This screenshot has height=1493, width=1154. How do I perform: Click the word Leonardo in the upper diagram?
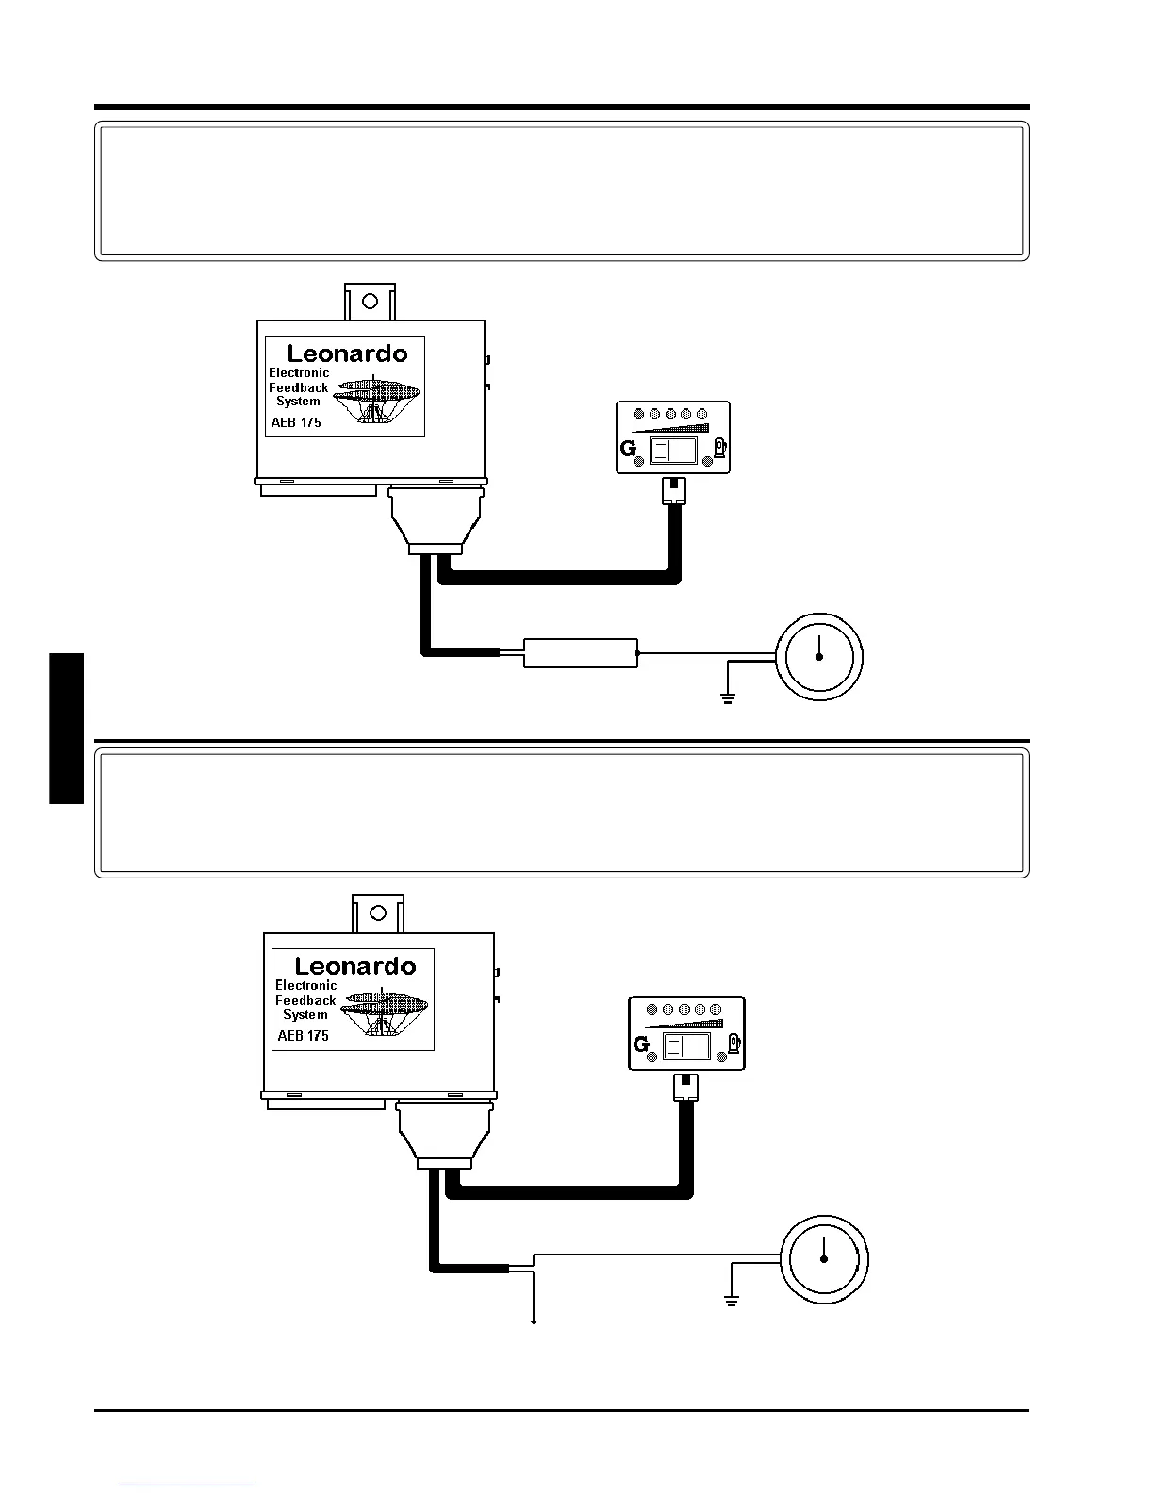347,353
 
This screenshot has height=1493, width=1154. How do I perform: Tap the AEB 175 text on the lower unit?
304,1035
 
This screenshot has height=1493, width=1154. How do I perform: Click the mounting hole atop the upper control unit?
371,301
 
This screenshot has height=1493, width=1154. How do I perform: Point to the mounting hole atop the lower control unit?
378,912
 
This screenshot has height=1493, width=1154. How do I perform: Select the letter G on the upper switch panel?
629,449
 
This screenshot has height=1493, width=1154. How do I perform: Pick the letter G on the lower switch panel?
642,1044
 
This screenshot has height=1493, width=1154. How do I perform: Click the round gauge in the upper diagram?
819,656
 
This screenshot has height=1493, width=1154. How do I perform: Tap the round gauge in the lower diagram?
824,1260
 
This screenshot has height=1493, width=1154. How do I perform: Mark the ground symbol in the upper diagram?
728,699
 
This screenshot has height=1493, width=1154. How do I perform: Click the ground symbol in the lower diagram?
731,1301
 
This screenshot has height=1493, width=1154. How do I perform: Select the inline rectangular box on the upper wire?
580,652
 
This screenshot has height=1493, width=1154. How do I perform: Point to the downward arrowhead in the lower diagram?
535,1321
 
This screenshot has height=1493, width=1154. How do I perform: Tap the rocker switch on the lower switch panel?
687,1045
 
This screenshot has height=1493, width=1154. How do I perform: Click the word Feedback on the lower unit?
305,1000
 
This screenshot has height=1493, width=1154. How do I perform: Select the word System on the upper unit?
298,401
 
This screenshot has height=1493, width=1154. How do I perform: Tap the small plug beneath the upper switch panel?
675,489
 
